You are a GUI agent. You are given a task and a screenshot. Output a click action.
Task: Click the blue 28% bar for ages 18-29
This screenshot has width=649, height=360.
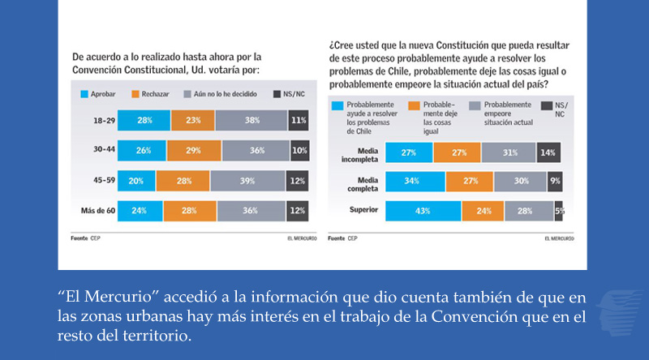tap(144, 120)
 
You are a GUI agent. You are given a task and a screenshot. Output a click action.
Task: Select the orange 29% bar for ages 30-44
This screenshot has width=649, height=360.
tap(194, 151)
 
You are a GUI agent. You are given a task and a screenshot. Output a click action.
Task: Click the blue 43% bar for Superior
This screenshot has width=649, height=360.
tap(423, 211)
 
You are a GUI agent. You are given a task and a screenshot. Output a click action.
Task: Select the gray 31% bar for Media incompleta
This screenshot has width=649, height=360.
tap(508, 152)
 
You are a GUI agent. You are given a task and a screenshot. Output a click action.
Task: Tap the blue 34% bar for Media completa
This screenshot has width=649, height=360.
tap(415, 181)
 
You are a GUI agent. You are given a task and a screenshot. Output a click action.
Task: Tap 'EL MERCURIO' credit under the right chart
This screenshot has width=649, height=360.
tap(559, 238)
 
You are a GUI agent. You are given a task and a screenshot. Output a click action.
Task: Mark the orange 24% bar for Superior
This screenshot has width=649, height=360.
tap(483, 211)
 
